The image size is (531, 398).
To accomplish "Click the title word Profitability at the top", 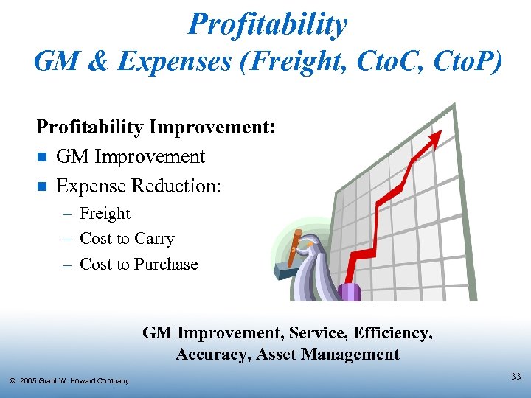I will tap(267, 24).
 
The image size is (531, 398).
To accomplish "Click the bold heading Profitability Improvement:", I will tap(156, 127).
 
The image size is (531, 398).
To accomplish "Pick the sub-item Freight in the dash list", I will tap(104, 214).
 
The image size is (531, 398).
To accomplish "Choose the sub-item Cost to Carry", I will tap(127, 239).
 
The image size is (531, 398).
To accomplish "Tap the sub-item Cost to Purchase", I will tap(139, 264).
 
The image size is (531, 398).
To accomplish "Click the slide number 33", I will tap(515, 377).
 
